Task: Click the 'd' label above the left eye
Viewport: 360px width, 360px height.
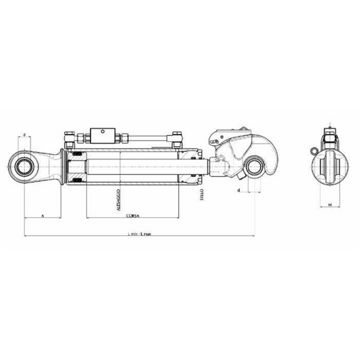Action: tap(25, 135)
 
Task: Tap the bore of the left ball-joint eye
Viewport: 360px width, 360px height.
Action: tap(25, 163)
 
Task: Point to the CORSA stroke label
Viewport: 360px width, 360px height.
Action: tap(132, 215)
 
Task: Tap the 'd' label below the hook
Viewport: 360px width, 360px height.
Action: tap(240, 191)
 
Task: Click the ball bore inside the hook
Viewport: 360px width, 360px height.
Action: tap(255, 166)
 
